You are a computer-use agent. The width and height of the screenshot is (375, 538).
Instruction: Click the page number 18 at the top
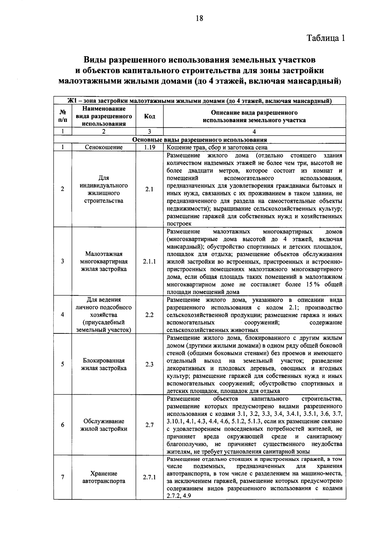pos(199,18)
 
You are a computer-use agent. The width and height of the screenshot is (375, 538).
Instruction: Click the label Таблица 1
pos(326,38)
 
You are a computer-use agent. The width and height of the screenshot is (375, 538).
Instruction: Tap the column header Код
pos(149,116)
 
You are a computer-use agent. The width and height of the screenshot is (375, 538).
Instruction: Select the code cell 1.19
pos(149,147)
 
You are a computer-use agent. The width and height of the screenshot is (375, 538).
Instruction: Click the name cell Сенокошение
pos(104,147)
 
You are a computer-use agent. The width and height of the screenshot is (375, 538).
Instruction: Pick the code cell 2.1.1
pos(149,262)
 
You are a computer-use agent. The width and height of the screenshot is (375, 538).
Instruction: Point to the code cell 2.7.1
pos(149,477)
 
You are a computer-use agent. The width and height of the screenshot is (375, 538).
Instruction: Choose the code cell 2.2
pos(149,315)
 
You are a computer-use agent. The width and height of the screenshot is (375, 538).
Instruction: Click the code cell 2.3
pos(149,364)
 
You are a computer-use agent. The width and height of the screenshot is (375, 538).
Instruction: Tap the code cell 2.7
pos(149,425)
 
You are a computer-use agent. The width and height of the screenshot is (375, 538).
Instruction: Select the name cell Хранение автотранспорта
pos(104,477)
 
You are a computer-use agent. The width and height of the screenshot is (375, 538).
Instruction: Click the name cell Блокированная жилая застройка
pos(104,364)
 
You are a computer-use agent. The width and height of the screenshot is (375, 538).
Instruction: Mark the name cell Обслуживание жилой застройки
pos(104,425)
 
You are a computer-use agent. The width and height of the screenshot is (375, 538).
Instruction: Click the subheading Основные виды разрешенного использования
pos(199,140)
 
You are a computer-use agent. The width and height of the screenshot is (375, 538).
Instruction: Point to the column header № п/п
pos(63,116)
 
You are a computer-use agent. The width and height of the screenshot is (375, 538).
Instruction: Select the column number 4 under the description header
pos(254,132)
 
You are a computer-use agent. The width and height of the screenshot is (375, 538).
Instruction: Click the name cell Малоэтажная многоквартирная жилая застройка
pos(104,262)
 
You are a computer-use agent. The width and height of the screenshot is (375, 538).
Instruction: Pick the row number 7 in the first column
pos(63,477)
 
